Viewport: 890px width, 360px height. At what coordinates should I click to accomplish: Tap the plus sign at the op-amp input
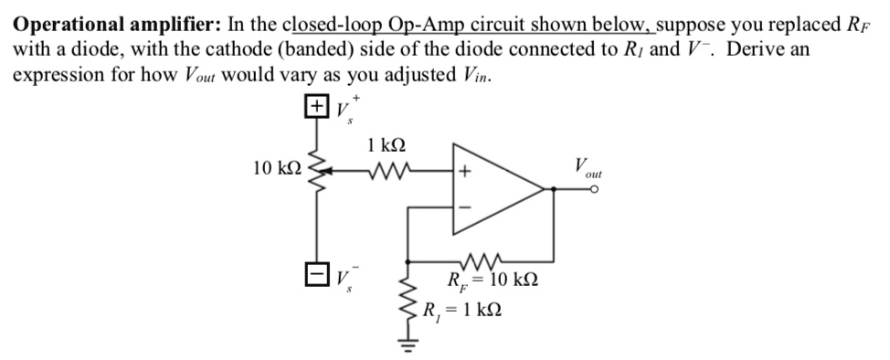click(x=464, y=171)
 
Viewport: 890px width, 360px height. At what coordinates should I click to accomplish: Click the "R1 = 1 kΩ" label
click(x=461, y=309)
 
